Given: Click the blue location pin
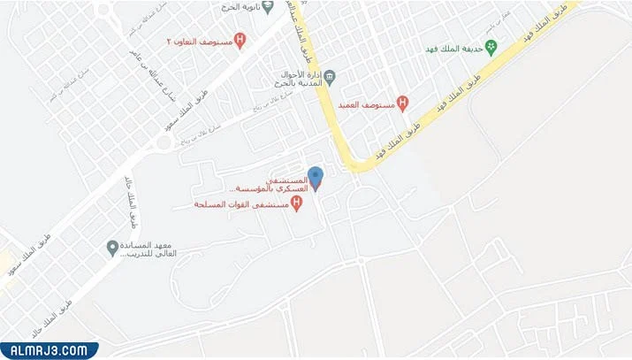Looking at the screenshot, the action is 316,176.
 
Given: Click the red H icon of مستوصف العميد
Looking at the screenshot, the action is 403,103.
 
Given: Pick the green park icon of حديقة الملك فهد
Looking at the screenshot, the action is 492,47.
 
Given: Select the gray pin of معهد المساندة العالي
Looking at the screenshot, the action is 112,246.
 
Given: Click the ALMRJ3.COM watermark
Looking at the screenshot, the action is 49,349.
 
